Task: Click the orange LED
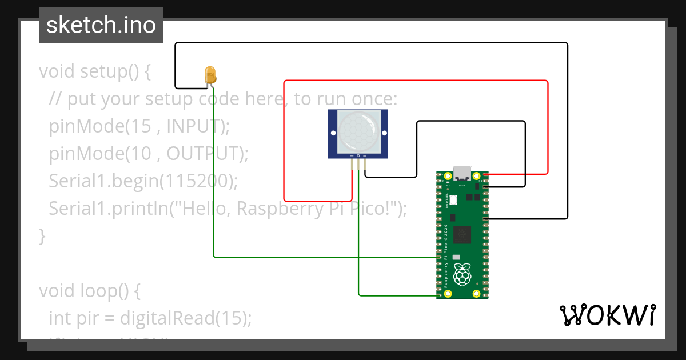(x=210, y=75)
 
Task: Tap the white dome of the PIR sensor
(x=358, y=132)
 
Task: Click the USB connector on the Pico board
(x=462, y=173)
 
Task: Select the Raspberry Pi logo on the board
(x=462, y=275)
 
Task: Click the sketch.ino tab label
(x=101, y=25)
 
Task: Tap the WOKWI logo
(x=607, y=315)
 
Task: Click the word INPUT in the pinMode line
(x=193, y=126)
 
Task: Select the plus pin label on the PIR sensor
(x=352, y=155)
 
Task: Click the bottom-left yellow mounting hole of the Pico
(x=448, y=294)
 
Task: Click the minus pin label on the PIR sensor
(x=365, y=155)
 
